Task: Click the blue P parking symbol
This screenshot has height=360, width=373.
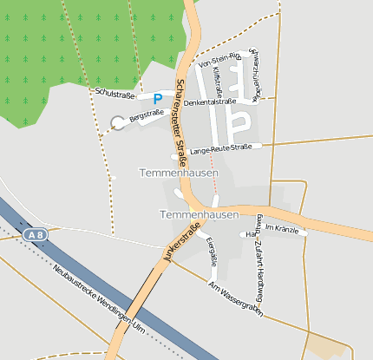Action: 158,100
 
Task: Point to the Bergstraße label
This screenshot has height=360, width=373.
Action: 147,115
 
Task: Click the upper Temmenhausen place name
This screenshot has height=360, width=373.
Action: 179,173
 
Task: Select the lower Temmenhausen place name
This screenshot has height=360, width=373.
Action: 199,213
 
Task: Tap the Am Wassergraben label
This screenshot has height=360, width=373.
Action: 234,296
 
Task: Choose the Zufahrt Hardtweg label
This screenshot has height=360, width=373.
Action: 259,265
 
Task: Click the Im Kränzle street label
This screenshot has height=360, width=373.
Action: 281,227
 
